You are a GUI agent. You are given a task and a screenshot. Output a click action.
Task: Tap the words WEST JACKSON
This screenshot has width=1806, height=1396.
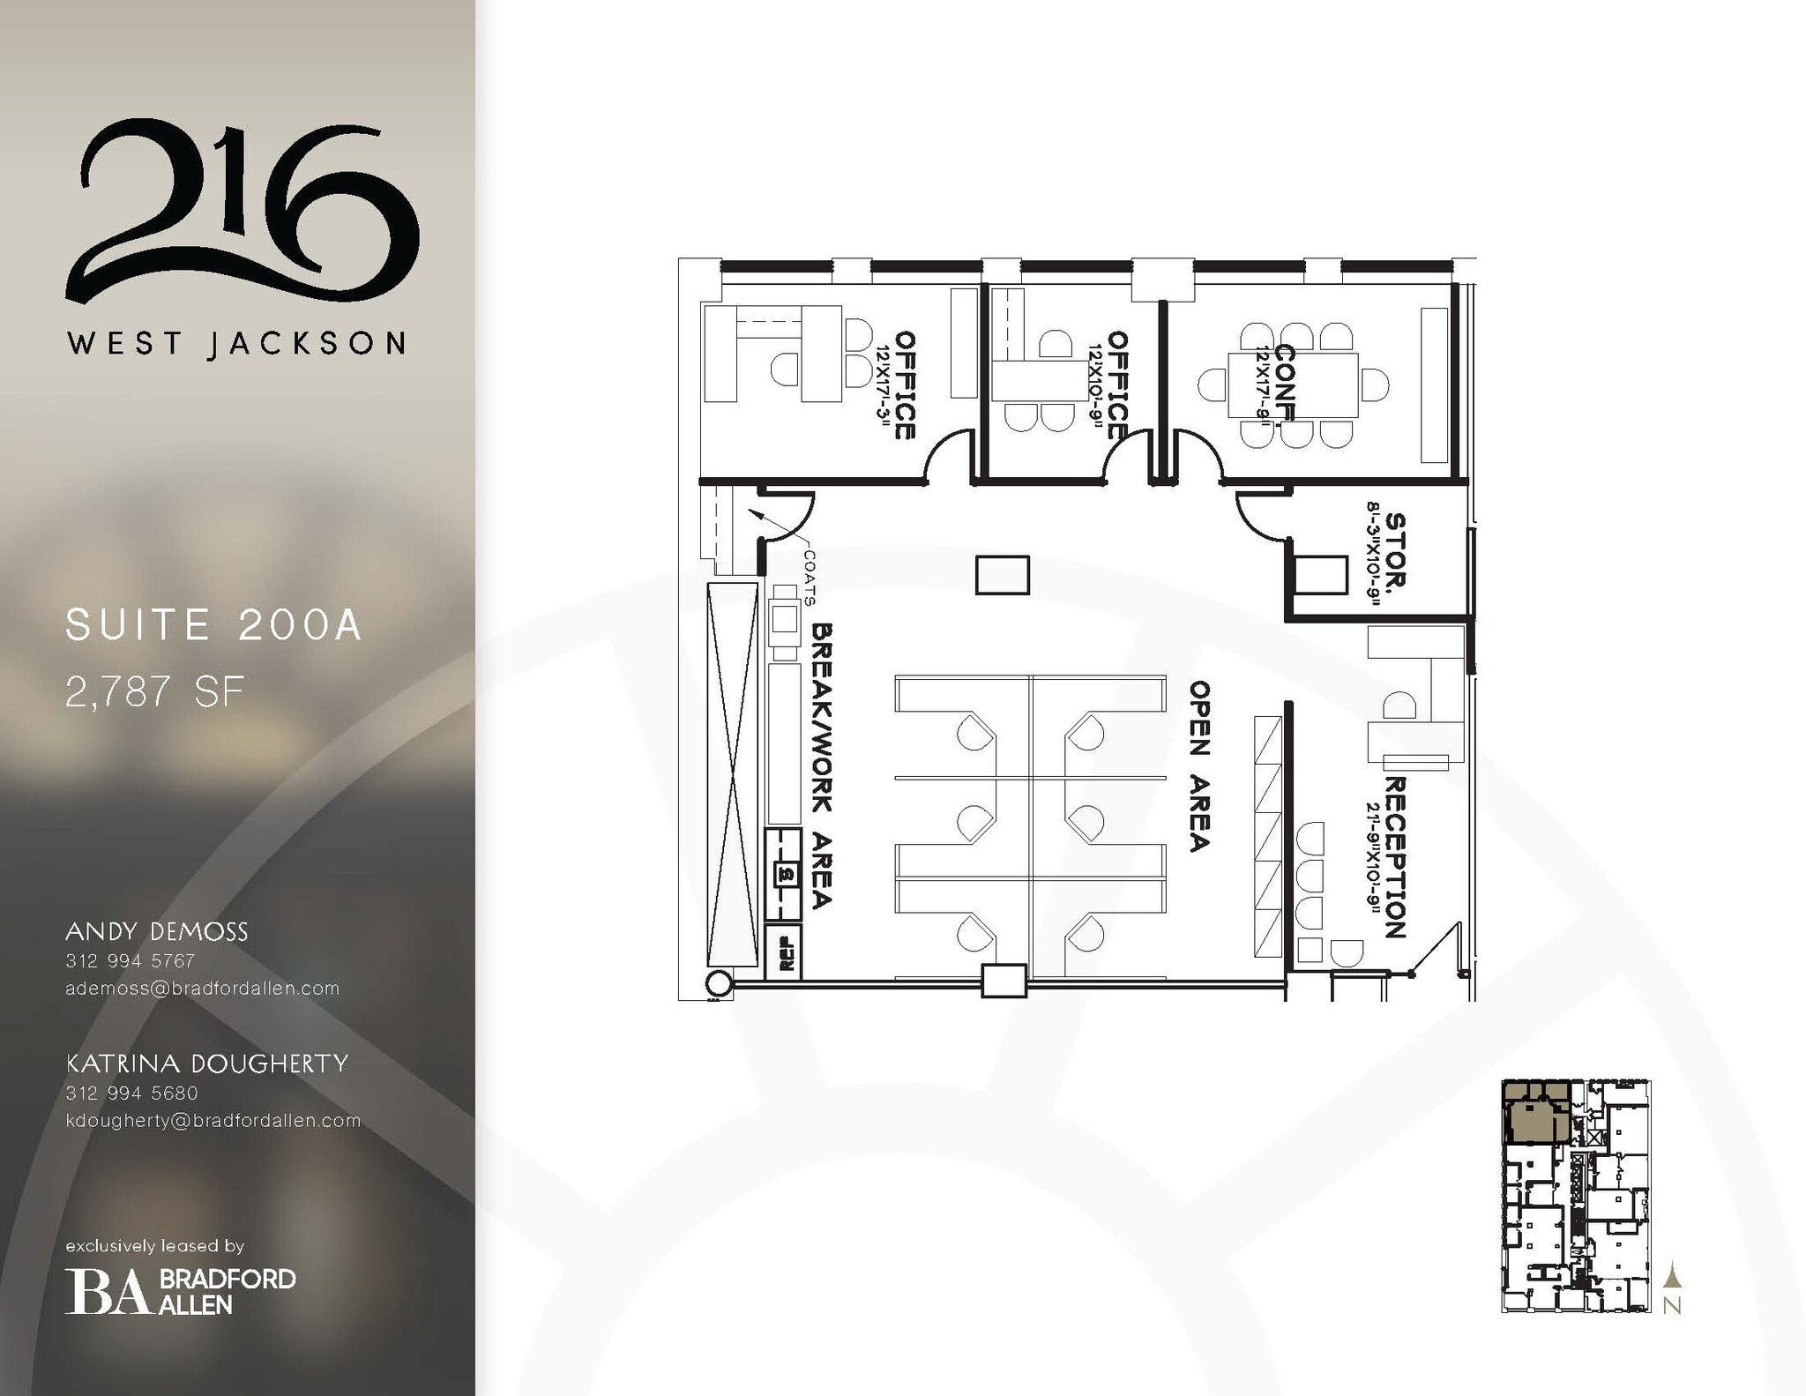point(236,343)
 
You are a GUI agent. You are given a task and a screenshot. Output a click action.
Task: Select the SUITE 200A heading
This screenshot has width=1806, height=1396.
point(214,625)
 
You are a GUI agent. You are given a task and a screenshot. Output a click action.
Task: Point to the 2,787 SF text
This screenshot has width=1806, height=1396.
point(154,692)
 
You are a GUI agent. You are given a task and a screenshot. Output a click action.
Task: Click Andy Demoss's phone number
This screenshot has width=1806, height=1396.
point(131,960)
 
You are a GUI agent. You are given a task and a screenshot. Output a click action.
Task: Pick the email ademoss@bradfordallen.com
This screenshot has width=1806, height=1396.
point(202,989)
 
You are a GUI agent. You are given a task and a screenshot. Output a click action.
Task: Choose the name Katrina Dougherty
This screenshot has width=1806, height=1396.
point(207,1064)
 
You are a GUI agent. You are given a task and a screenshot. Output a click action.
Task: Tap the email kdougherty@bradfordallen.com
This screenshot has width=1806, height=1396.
point(213,1121)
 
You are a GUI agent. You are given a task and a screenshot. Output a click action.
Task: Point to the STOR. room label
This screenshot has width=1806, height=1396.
point(1395,550)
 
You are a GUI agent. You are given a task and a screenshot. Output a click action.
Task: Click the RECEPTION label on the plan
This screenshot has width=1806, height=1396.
point(1394,856)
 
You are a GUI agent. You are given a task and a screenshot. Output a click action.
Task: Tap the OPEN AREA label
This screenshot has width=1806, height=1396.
point(1198,765)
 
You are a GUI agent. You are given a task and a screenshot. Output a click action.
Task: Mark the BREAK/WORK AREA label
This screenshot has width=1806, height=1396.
point(821,765)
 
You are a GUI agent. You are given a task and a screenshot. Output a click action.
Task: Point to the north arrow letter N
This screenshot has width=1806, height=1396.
point(1671,1306)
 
